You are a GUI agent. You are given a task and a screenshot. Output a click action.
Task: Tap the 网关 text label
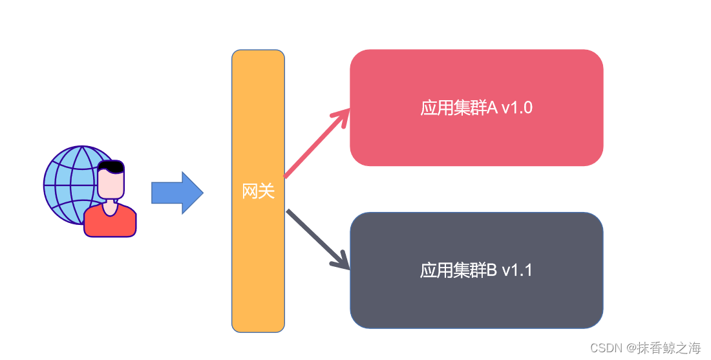tap(258, 191)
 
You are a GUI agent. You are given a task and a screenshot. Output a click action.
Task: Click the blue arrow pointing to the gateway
tap(176, 193)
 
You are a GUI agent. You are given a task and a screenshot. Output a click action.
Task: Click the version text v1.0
tap(516, 108)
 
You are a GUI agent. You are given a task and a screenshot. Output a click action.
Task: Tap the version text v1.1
tap(516, 270)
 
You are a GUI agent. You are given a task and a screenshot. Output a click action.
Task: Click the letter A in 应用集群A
tap(492, 108)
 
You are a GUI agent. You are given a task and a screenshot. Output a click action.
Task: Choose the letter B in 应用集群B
tap(492, 270)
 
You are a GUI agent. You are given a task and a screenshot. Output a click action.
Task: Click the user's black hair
tap(111, 166)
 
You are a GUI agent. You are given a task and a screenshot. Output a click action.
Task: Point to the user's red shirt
tap(110, 223)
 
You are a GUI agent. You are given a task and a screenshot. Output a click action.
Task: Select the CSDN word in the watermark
tap(605, 348)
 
